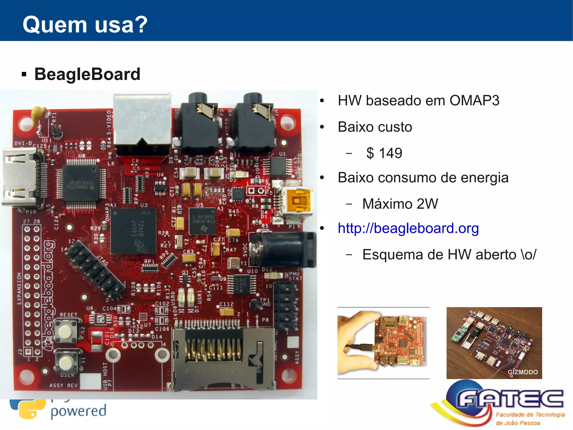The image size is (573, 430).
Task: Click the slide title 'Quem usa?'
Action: pyautogui.click(x=85, y=25)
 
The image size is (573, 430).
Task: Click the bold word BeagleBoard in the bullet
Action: pyautogui.click(x=87, y=74)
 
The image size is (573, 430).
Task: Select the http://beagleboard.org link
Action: pyautogui.click(x=408, y=228)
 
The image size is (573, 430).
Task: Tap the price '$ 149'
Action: pyautogui.click(x=384, y=153)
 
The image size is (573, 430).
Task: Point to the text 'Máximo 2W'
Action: pyautogui.click(x=400, y=204)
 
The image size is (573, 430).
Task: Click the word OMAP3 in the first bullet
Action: pyautogui.click(x=474, y=100)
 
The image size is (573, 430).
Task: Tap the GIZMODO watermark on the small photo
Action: pyautogui.click(x=522, y=372)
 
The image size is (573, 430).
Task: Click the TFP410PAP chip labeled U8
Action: pyautogui.click(x=81, y=183)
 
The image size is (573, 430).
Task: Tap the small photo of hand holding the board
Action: pyautogui.click(x=383, y=343)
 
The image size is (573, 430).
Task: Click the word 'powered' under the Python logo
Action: pyautogui.click(x=78, y=411)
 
